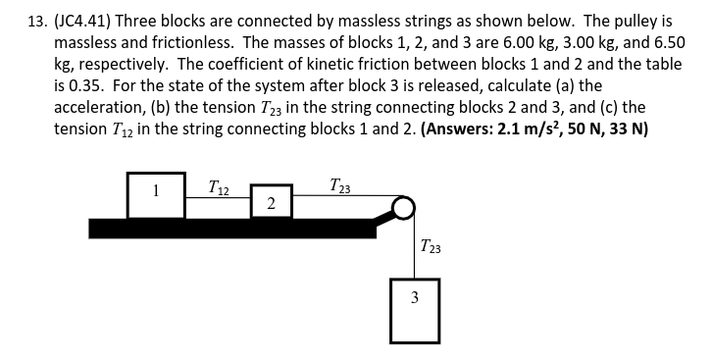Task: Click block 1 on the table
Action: pyautogui.click(x=155, y=194)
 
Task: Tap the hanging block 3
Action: pyautogui.click(x=414, y=310)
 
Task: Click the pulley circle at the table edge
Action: pyautogui.click(x=402, y=209)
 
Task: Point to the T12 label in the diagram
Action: pyautogui.click(x=221, y=184)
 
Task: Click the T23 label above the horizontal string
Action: pyautogui.click(x=342, y=183)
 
